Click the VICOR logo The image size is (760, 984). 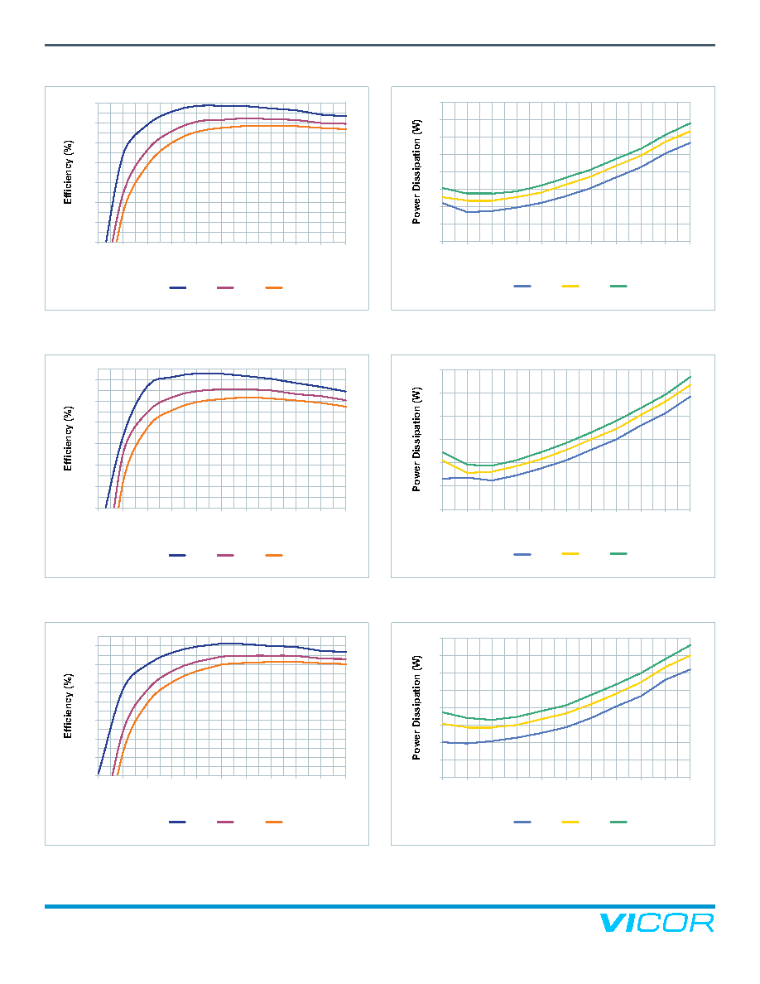657,924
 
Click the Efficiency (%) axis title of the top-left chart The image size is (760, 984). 68,172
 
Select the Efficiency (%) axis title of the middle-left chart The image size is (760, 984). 68,439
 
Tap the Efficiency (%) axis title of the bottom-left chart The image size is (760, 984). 68,706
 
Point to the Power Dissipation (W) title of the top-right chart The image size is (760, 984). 416,172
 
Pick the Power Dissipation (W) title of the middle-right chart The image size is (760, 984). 416,439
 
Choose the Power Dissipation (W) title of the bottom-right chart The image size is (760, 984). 416,708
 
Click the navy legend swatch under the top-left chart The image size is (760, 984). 177,288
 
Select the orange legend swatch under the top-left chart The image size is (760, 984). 274,288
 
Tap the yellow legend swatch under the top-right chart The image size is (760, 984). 570,286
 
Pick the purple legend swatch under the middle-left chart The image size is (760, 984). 226,556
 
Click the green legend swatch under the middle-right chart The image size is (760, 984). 619,553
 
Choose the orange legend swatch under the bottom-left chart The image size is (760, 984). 274,822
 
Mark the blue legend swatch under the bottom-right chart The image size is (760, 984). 522,822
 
